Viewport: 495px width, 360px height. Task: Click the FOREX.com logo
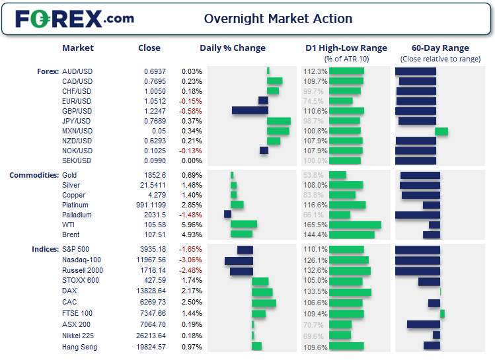tap(74, 18)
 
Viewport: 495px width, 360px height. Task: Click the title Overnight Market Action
tap(278, 18)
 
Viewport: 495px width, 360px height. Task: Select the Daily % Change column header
tap(233, 48)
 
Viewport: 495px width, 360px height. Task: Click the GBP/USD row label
tap(77, 111)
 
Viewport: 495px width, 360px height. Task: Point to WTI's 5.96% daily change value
tap(192, 225)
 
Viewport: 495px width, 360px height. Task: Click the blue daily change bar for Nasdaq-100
tap(239, 261)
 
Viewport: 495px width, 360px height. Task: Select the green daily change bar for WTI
tap(244, 225)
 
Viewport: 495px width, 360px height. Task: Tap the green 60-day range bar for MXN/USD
tap(441, 131)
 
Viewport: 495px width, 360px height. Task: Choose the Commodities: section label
tap(33, 175)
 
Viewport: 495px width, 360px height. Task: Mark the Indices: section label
tap(44, 249)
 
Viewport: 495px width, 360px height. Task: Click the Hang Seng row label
tap(79, 347)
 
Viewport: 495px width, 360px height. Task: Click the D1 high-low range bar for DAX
tap(350, 292)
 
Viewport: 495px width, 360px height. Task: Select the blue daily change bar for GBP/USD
tap(250, 111)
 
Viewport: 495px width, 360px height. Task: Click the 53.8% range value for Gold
tap(313, 175)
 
